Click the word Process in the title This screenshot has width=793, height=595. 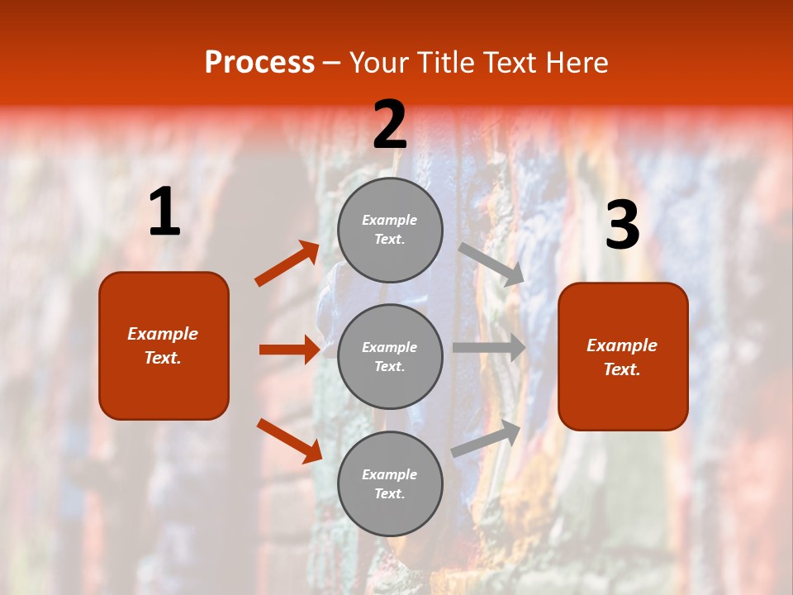pos(259,62)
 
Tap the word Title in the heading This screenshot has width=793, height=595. pos(444,62)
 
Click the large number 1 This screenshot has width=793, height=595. pos(164,212)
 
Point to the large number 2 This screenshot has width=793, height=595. pos(390,125)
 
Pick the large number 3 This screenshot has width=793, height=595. pos(622,226)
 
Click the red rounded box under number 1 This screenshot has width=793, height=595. pos(164,345)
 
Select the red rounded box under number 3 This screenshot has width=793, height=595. pos(623,357)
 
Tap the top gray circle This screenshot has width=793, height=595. pos(390,230)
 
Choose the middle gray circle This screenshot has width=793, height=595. pos(390,356)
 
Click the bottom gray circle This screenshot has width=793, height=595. pos(390,483)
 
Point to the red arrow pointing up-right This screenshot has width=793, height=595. pos(287,263)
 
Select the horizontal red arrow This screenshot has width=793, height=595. pos(289,350)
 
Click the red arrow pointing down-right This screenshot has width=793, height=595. pos(289,440)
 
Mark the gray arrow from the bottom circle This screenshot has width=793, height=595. pos(487,438)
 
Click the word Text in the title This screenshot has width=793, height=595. pos(510,62)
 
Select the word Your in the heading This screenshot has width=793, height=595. pos(381,62)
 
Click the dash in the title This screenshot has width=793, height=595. pos(332,64)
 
